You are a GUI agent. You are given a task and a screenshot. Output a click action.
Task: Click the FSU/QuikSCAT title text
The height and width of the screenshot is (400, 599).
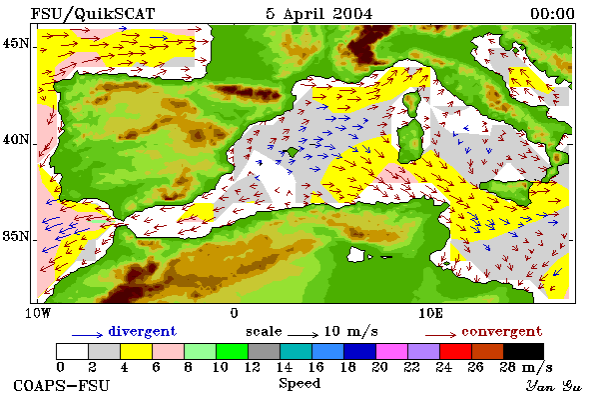93,14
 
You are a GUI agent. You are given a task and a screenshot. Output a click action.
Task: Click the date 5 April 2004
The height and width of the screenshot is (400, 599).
319,14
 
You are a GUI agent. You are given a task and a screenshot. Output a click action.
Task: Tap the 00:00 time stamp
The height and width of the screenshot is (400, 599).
552,14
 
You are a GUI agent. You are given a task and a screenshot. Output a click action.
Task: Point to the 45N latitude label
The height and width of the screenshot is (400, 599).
16,43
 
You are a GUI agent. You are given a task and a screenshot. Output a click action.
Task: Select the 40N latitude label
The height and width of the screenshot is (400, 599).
16,139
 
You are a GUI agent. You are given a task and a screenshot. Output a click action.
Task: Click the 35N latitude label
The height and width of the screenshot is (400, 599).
16,236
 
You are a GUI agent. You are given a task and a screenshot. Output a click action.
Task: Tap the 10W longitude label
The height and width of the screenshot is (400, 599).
38,313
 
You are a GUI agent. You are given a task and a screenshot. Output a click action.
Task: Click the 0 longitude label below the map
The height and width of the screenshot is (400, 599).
235,313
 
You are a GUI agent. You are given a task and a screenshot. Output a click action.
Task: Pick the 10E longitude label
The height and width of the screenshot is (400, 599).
431,313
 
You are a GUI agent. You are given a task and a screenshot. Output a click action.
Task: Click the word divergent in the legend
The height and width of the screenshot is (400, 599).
143,331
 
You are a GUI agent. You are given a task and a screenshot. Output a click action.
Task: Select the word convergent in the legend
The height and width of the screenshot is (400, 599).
502,331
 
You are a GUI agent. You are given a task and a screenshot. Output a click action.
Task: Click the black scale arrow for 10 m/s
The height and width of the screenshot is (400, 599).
302,335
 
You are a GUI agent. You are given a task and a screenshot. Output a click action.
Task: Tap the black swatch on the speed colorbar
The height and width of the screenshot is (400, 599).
523,351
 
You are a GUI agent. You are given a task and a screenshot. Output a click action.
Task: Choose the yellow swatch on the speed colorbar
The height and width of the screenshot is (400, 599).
137,351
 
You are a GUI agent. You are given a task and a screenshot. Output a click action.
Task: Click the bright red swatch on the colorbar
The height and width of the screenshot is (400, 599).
456,351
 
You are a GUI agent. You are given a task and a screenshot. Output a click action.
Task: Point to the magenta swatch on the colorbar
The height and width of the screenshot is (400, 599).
392,351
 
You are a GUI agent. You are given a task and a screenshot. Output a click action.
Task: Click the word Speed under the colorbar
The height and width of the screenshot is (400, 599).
299,384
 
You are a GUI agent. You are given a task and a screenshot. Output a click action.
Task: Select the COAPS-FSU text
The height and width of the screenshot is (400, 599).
62,385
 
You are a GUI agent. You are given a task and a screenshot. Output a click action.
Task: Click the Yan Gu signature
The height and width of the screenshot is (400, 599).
554,386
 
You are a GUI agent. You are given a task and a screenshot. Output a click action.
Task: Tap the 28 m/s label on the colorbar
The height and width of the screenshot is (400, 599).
526,367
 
